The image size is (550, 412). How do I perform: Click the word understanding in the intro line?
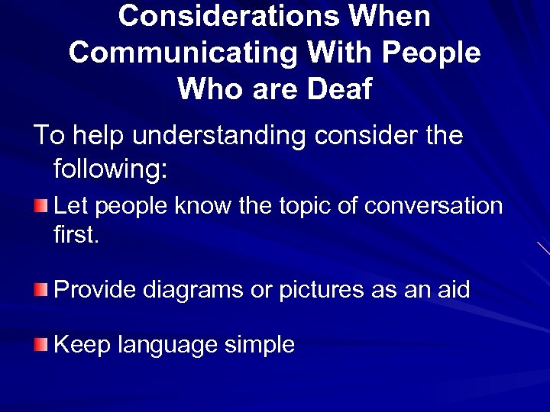point(218,136)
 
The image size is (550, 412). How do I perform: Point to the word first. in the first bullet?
point(76,234)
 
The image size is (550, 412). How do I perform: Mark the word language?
point(167,346)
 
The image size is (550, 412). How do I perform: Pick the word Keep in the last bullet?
point(82,345)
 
